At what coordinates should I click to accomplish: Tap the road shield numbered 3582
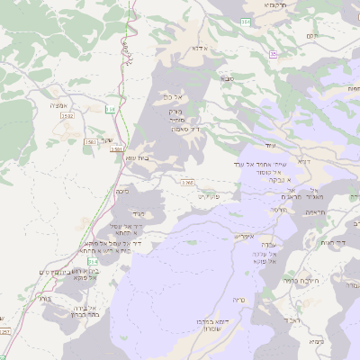tap(67, 116)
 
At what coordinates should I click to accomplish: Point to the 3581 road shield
tap(116, 149)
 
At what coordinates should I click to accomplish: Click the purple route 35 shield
tap(273, 55)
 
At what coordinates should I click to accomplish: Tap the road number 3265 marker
tap(187, 183)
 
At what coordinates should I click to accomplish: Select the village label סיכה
tap(122, 191)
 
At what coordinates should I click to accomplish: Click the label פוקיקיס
tap(208, 196)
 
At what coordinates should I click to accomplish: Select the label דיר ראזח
tap(332, 242)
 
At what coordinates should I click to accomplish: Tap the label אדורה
tap(201, 49)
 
